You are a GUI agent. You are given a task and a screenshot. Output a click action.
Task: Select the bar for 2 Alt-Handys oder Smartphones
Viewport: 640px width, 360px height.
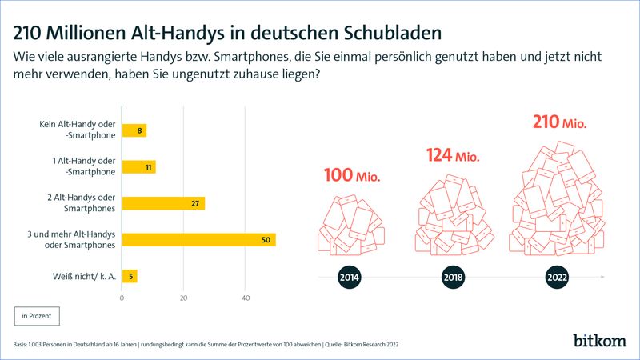(x=163, y=203)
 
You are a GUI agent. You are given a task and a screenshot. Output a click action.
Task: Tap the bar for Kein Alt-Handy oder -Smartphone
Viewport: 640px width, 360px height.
(x=134, y=130)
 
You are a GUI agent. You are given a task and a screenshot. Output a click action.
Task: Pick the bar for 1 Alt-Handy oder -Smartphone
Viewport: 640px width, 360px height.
(x=138, y=167)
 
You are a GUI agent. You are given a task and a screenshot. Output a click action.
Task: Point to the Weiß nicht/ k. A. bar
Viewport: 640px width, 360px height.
(x=130, y=277)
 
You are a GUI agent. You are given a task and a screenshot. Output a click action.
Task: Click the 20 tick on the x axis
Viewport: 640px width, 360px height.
(x=184, y=298)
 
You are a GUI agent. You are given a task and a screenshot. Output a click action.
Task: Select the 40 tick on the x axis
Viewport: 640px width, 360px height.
(x=246, y=298)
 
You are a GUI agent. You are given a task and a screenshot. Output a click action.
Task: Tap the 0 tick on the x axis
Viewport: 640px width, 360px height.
(x=122, y=298)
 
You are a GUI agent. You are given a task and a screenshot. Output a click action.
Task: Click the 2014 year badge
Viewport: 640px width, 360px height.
(x=350, y=278)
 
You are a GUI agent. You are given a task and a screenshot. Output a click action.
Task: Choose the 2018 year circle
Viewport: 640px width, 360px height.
(x=452, y=278)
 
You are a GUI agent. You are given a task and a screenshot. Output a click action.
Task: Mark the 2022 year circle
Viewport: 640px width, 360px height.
(x=557, y=278)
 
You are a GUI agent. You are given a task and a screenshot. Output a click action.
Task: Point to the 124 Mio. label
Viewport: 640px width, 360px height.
(x=452, y=155)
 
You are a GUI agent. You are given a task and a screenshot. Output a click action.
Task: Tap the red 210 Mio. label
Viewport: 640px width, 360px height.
(x=559, y=123)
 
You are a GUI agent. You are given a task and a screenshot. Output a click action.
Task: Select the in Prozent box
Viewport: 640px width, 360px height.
(x=36, y=316)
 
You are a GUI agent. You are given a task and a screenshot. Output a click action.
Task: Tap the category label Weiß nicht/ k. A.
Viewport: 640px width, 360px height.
(x=78, y=277)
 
